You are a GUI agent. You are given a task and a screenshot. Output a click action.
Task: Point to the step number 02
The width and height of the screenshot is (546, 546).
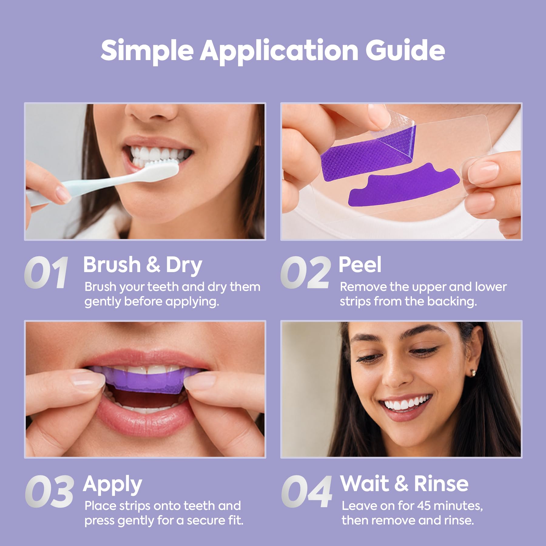click(x=305, y=272)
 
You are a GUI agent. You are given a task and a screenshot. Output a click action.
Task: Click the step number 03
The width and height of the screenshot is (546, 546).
click(x=49, y=491)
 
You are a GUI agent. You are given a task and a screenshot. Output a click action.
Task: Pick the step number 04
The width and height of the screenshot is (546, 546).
click(x=307, y=491)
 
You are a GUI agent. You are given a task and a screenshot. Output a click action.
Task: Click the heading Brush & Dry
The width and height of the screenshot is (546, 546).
click(x=143, y=265)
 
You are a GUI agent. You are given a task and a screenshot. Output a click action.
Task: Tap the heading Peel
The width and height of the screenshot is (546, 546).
click(x=360, y=265)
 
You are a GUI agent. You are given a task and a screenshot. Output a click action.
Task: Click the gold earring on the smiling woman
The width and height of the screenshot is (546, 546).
click(x=473, y=372)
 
